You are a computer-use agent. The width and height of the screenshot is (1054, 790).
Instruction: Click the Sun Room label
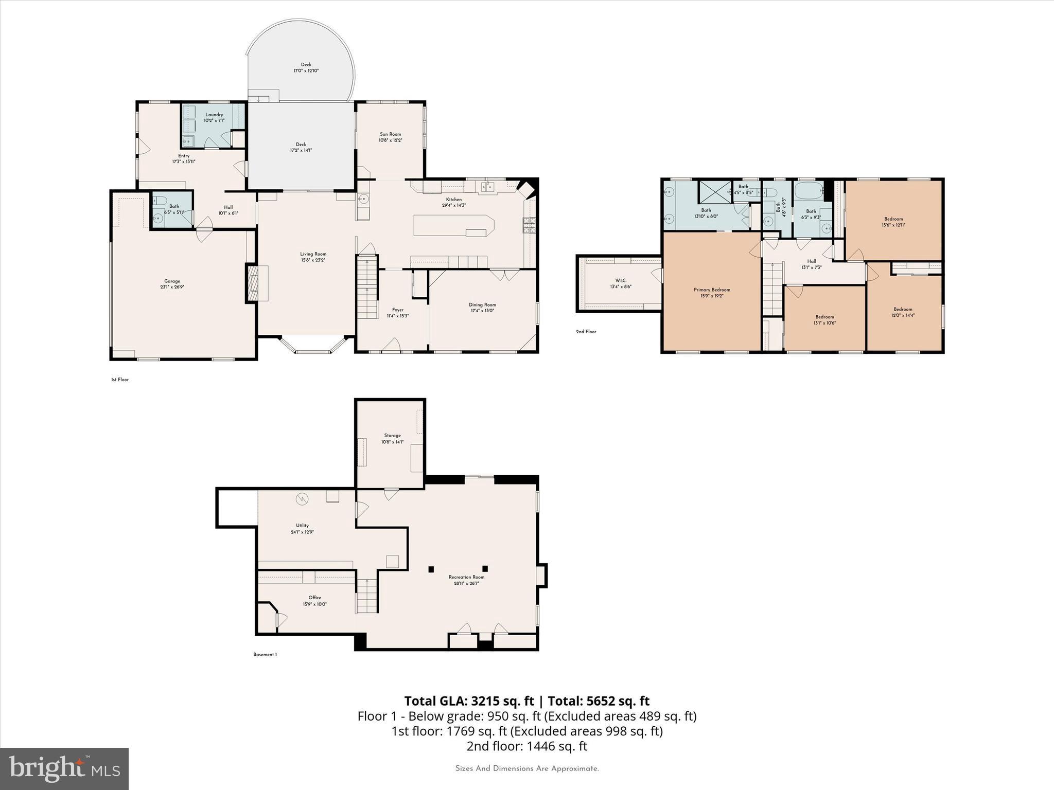tap(390, 134)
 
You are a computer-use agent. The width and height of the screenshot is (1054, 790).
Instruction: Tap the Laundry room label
tap(214, 115)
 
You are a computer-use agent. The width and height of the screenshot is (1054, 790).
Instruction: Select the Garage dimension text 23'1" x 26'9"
tap(172, 288)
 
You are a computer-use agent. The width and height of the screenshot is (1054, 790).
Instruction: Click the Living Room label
tap(313, 254)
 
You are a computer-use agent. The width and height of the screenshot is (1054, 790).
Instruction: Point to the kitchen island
tap(453, 226)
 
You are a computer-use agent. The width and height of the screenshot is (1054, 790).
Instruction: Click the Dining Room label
tap(482, 304)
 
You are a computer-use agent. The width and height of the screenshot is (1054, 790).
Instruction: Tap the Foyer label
tap(397, 310)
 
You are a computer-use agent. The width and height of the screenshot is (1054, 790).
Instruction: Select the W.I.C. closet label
tap(620, 280)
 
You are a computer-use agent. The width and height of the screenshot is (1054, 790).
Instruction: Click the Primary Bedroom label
tap(711, 290)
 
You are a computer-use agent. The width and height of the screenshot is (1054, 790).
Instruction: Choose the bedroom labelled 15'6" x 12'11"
tap(893, 222)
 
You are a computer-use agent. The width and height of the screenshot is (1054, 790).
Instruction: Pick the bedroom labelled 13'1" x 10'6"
tap(824, 319)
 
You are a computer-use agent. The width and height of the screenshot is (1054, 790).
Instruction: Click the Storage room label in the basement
tap(392, 436)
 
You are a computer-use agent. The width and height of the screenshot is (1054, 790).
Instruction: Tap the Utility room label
tap(302, 526)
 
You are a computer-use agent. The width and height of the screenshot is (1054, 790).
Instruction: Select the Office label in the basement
tap(314, 598)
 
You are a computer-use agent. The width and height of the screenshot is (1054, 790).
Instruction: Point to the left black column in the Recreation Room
tap(431, 569)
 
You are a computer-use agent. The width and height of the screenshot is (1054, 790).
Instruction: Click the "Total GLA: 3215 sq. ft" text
tap(469, 701)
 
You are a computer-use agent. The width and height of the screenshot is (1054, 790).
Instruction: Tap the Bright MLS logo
tap(64, 768)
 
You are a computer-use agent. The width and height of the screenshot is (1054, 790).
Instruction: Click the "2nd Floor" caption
tap(586, 332)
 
